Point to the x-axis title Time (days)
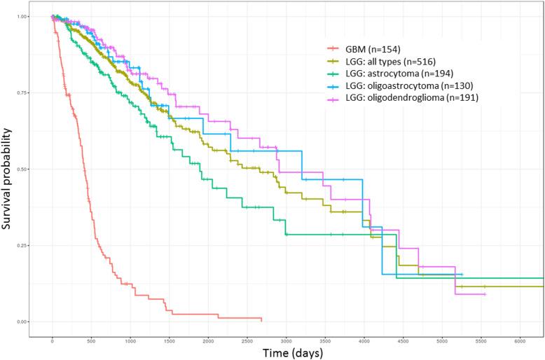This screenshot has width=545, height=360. click(285, 352)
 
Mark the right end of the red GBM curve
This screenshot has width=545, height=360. click(261, 319)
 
